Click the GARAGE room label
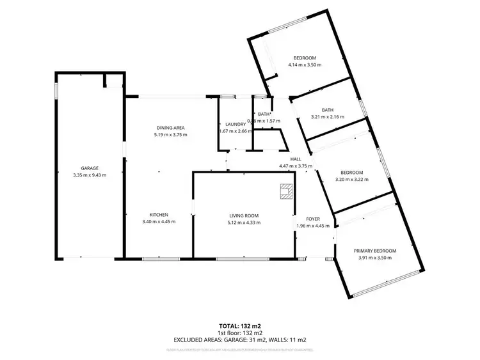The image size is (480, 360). click(x=89, y=168)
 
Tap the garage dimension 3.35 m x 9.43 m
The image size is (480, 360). click(x=89, y=175)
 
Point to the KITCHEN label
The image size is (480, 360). click(x=159, y=215)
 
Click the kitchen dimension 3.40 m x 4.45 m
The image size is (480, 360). click(x=159, y=222)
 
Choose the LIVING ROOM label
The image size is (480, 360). click(x=243, y=215)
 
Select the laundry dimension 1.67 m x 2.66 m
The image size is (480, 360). click(x=236, y=131)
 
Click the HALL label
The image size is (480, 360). click(x=296, y=159)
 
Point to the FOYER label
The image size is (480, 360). click(x=312, y=219)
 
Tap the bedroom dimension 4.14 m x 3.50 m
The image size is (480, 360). click(x=305, y=65)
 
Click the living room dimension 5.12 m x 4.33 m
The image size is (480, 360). click(x=243, y=223)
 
